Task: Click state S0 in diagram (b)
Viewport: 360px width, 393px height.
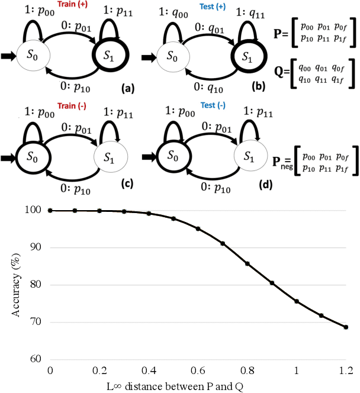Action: tap(171, 57)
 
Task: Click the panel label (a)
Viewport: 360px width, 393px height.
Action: tap(126, 89)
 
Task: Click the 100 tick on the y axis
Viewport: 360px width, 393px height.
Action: tap(36, 210)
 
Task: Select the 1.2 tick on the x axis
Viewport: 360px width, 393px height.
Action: tap(346, 369)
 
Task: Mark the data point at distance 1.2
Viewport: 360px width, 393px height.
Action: tap(346, 327)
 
